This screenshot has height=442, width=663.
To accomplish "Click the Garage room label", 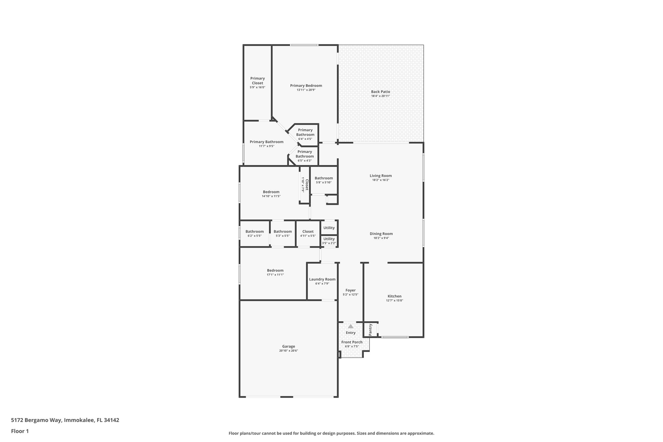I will tap(288, 346).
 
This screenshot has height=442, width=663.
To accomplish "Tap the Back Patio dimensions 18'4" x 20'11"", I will tap(380, 96).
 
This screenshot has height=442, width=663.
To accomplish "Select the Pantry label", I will tap(371, 330).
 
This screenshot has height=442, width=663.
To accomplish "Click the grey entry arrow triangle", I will tap(351, 326).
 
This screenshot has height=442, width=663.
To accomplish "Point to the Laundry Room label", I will tap(322, 279).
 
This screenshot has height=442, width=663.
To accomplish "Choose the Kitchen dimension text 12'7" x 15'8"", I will tap(394, 300).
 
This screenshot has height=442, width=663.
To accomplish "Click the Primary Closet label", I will tap(257, 81).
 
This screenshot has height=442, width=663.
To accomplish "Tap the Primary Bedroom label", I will tap(306, 85).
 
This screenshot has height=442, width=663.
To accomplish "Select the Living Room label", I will tap(381, 176).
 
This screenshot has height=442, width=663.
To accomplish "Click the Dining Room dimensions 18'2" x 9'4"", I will tap(381, 238).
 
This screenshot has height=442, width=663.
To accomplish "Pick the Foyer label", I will tap(350, 290).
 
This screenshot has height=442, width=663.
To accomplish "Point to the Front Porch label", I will tap(352, 342).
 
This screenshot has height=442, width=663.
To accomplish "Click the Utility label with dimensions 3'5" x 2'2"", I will tap(329, 239).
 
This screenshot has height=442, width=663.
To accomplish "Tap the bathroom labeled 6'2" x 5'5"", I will tap(254, 231).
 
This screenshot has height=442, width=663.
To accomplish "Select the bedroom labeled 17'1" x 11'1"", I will tap(275, 270).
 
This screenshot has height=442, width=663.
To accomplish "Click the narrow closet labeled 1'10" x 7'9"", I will tap(305, 185).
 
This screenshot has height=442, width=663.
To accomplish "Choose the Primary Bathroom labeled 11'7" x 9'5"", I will tap(266, 142).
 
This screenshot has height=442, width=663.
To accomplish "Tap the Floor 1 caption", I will tap(20, 431).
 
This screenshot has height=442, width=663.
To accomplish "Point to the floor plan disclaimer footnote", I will tap(331, 433).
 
